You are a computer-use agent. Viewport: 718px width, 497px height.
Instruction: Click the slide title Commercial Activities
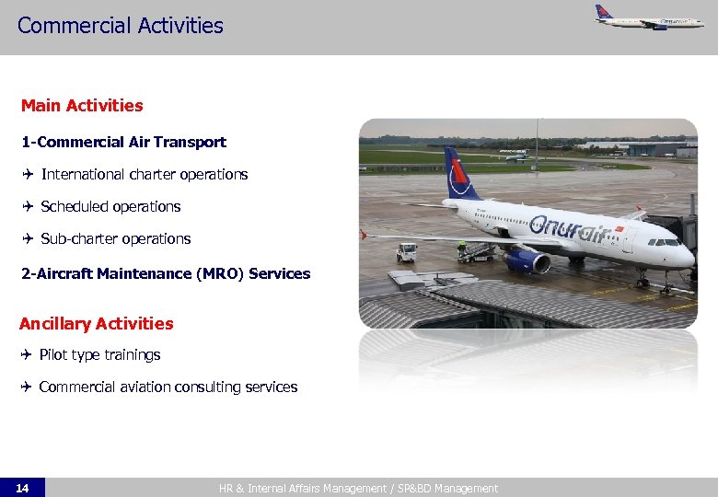pos(120,26)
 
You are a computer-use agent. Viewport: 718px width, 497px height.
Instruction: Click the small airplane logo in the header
pos(648,17)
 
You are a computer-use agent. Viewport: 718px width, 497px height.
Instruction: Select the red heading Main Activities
pos(82,106)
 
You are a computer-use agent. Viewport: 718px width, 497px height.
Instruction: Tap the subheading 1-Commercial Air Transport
pos(123,142)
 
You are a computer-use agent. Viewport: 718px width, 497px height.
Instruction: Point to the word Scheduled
pos(73,206)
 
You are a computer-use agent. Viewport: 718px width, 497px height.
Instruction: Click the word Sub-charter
pos(79,238)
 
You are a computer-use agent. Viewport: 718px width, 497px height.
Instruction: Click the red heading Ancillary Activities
pos(96,323)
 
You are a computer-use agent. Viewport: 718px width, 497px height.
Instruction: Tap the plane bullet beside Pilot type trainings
pos(28,354)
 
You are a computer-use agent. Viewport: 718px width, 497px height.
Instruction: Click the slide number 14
pos(22,488)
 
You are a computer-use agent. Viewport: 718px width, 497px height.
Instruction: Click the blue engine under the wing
pos(526,261)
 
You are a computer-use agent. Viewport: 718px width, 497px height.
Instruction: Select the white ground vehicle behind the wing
pos(406,251)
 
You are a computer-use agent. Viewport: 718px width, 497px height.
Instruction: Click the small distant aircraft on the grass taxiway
pos(513,155)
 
